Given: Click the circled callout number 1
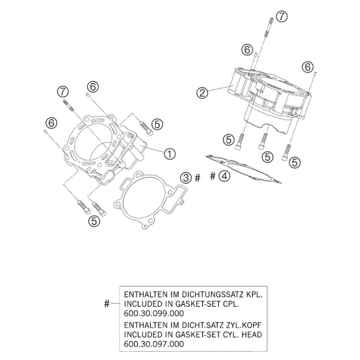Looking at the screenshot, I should coord(169,153).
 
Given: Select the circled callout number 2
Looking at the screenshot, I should coord(202,93).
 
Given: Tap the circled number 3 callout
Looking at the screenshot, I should coord(185,178).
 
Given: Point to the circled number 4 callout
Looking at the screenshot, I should coord(224,176).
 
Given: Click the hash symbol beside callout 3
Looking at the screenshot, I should coord(197,178).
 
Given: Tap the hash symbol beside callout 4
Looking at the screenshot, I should coord(213,176).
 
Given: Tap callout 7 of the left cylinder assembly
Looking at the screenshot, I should coord(63,92).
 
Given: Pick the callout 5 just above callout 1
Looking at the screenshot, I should coord(157,123).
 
